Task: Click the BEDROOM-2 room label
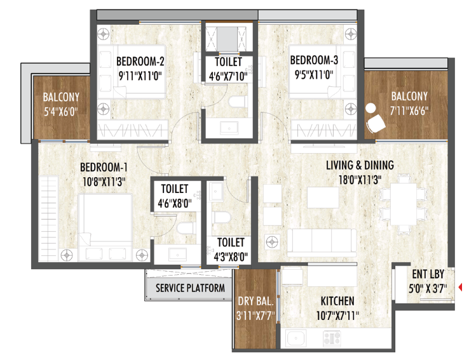pyautogui.click(x=140, y=61)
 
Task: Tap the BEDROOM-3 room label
pyautogui.click(x=314, y=60)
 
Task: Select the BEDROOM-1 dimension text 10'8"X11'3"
pyautogui.click(x=104, y=182)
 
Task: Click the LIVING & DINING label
pyautogui.click(x=360, y=165)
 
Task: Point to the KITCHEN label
pyautogui.click(x=337, y=301)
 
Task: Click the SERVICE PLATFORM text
pyautogui.click(x=190, y=288)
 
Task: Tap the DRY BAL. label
pyautogui.click(x=255, y=301)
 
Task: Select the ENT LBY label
pyautogui.click(x=428, y=274)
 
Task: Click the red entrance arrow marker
pyautogui.click(x=460, y=287)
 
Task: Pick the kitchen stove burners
pyautogui.click(x=332, y=339)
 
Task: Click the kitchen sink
pyautogui.click(x=296, y=339)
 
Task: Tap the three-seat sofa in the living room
pyautogui.click(x=322, y=243)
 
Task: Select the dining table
pyautogui.click(x=403, y=204)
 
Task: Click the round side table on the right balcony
pyautogui.click(x=370, y=108)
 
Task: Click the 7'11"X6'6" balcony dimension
pyautogui.click(x=409, y=111)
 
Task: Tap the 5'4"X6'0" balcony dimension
pyautogui.click(x=61, y=112)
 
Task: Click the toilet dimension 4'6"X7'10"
pyautogui.click(x=228, y=76)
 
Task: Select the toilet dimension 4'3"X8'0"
pyautogui.click(x=231, y=257)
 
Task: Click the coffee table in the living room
pyautogui.click(x=323, y=197)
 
